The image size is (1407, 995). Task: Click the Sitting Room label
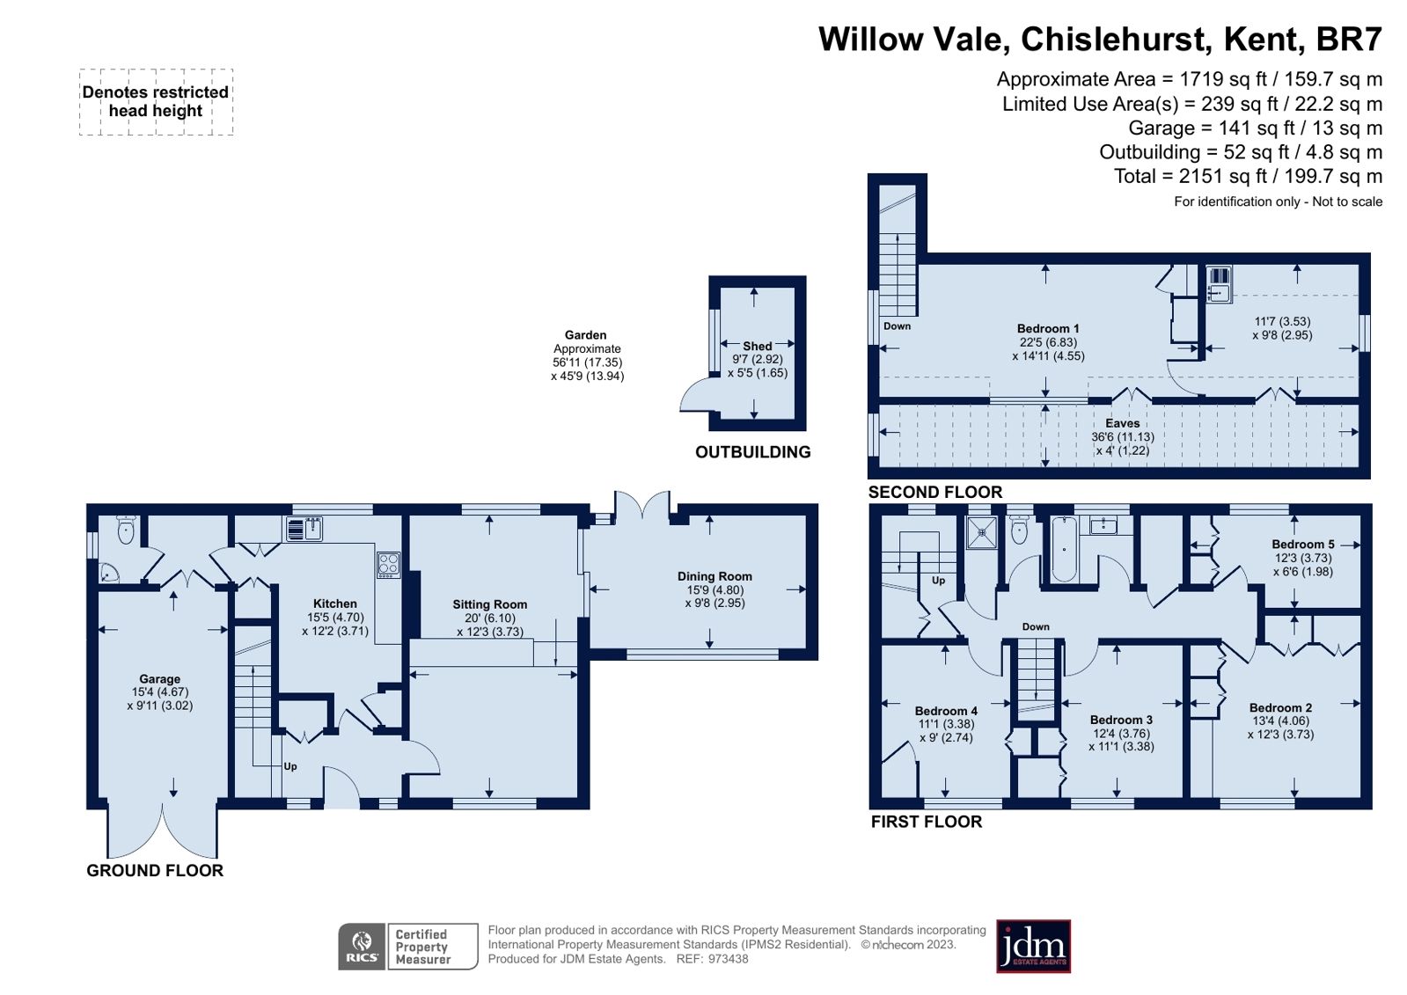click(489, 604)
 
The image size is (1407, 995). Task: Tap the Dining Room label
click(714, 576)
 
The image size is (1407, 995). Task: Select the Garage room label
click(159, 679)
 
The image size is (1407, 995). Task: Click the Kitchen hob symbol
click(388, 564)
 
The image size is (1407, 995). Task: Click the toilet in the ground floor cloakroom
click(127, 530)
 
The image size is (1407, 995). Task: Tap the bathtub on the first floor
click(1064, 549)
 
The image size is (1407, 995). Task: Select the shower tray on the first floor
click(982, 531)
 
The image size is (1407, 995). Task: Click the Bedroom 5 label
click(1302, 545)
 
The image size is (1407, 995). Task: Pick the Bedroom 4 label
click(946, 711)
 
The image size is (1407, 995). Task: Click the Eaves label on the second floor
click(1122, 423)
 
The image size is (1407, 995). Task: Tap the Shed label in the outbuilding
click(757, 346)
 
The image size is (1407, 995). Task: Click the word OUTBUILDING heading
click(752, 452)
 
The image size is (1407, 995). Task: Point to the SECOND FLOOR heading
click(934, 493)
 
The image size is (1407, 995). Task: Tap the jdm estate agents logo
click(1033, 947)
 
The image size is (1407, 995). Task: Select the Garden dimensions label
click(587, 355)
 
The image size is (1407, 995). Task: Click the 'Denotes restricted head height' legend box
click(156, 102)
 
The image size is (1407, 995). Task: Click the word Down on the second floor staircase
click(897, 326)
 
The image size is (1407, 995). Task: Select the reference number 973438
click(728, 959)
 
